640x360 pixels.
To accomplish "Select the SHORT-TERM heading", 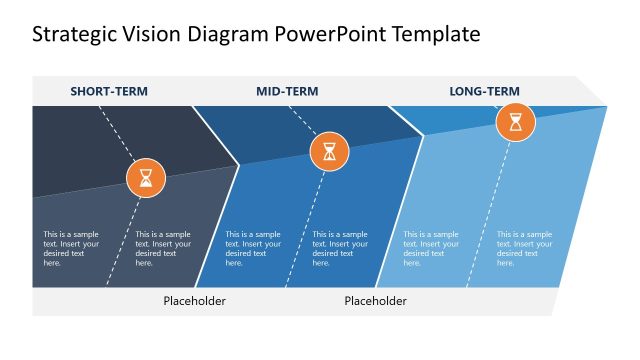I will (x=109, y=92).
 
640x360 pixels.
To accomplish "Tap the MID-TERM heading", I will (x=287, y=92).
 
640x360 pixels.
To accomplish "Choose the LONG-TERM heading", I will (x=484, y=92).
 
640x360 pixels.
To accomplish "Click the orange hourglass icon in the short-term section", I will (x=146, y=178).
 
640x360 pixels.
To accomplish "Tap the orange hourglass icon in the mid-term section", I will (x=329, y=152).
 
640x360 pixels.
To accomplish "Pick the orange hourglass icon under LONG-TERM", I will (x=516, y=123).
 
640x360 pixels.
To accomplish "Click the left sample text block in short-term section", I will (x=71, y=249).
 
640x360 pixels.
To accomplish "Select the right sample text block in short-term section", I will (x=163, y=249).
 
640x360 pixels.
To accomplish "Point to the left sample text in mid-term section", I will (x=253, y=249).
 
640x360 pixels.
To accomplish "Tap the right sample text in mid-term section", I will (x=340, y=249).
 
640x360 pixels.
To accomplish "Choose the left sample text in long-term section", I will (x=431, y=249).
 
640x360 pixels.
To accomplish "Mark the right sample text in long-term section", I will (x=524, y=249).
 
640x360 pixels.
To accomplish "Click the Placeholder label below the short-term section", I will (x=194, y=301).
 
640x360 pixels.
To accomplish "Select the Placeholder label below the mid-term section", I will (x=375, y=301).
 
